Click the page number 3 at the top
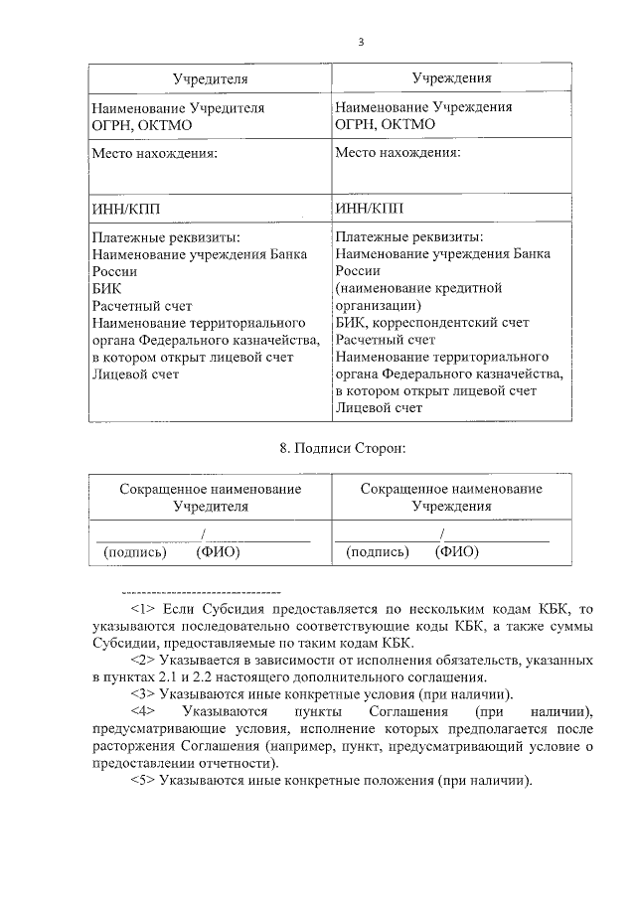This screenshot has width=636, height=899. (x=361, y=42)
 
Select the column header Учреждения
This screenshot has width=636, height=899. (x=452, y=77)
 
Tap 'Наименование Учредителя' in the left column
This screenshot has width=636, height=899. (x=178, y=106)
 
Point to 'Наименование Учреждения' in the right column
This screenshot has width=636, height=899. (x=423, y=106)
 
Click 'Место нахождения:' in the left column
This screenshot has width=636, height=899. (x=154, y=154)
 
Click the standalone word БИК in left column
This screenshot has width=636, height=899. (x=105, y=288)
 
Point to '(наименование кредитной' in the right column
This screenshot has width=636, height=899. (x=418, y=288)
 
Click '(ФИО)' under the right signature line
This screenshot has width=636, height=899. (x=458, y=551)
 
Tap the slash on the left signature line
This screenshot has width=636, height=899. (x=203, y=536)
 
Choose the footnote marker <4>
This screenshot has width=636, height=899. (x=144, y=711)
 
